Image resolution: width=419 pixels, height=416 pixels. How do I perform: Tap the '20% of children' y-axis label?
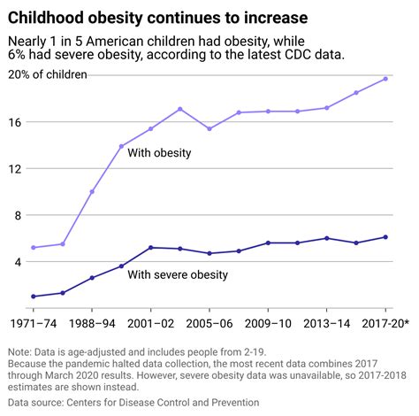pyautogui.click(x=49, y=74)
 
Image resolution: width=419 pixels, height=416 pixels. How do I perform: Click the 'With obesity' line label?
pyautogui.click(x=160, y=153)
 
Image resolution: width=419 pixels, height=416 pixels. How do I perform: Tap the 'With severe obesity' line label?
pyautogui.click(x=178, y=274)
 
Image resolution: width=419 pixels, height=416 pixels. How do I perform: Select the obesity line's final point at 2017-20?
pyautogui.click(x=385, y=79)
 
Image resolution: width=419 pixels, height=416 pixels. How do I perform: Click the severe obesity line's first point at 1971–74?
pyautogui.click(x=34, y=297)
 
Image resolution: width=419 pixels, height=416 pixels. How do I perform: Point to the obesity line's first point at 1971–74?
pyautogui.click(x=34, y=248)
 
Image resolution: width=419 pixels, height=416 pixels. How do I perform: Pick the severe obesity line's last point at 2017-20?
pyautogui.click(x=385, y=237)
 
